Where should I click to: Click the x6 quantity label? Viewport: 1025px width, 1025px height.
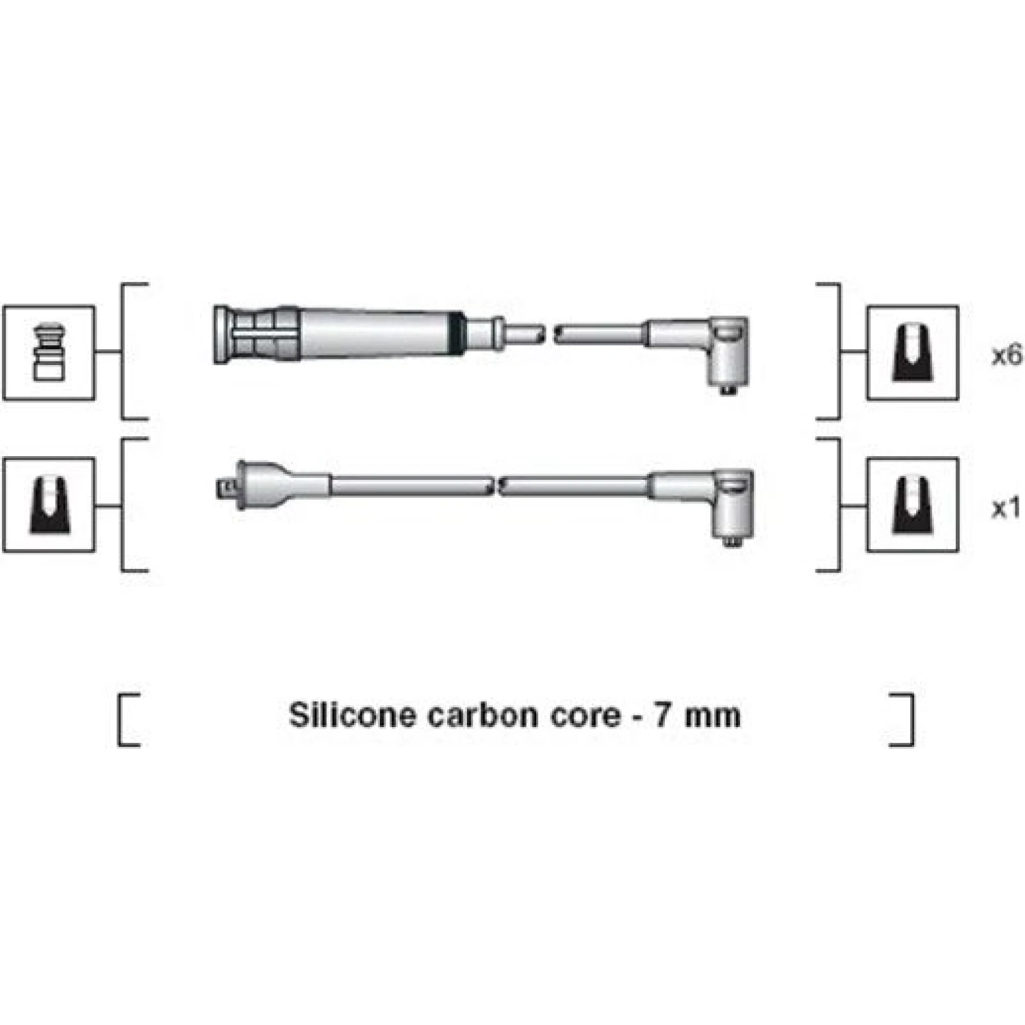1007,356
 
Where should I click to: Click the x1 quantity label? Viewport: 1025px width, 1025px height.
1006,509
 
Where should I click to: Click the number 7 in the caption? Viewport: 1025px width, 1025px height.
662,715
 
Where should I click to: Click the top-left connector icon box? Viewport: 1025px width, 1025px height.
49,353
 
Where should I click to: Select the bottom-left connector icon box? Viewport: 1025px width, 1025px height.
49,505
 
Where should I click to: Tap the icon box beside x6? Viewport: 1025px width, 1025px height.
913,353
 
